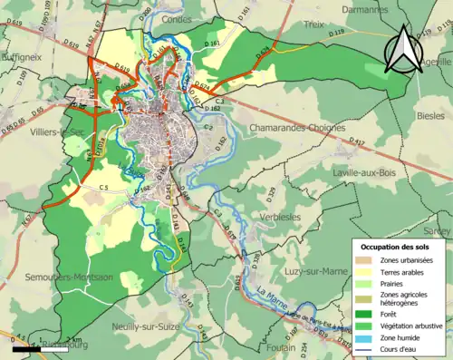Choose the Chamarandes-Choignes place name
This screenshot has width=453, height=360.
click(296, 129)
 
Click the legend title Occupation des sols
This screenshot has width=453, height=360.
click(397, 247)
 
